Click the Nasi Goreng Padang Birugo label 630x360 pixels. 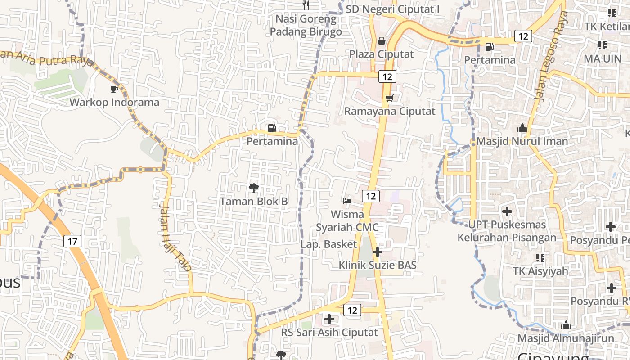306,25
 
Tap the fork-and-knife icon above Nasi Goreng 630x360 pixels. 306,5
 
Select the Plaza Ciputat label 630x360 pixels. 382,54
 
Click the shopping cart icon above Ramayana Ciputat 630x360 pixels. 389,98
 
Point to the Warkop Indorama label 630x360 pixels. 114,102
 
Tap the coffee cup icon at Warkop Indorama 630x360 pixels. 114,89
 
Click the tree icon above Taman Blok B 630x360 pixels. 254,188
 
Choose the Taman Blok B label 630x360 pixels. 254,201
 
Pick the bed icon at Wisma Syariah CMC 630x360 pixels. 347,201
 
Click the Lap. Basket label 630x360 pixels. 329,244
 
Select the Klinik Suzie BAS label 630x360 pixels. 378,265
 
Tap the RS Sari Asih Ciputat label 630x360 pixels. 329,333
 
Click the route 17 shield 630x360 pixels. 72,241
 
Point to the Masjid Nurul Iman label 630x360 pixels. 522,141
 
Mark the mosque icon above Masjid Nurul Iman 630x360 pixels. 522,128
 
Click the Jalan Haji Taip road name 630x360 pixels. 175,236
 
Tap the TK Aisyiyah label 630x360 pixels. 540,271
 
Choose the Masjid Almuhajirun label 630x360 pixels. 566,338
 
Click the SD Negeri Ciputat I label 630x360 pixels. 392,9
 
